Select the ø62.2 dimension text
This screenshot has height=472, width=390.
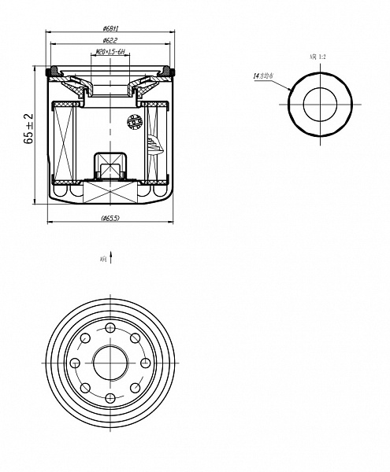pos(110,39)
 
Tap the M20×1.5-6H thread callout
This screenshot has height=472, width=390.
pos(110,51)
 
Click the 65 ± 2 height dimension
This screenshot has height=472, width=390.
pos(29,128)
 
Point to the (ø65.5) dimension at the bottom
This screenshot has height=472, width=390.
pos(110,218)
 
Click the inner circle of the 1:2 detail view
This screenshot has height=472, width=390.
pos(319,103)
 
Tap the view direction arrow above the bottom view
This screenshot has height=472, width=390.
pos(111,256)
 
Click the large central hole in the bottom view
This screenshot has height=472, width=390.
pos(110,363)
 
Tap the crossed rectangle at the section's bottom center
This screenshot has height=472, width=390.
pos(110,191)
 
